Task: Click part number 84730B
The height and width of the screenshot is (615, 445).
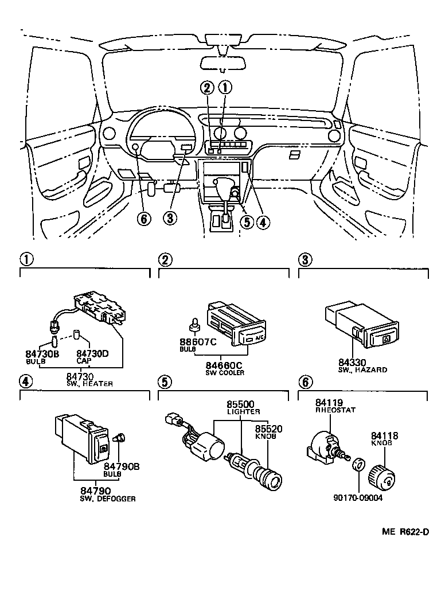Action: [42, 355]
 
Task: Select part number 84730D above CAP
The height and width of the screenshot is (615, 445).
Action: [92, 355]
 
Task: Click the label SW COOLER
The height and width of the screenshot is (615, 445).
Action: [225, 373]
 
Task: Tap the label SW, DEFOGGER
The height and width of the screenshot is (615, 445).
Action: [108, 499]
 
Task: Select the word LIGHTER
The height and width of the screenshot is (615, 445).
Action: [244, 412]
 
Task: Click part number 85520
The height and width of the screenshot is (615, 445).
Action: [268, 428]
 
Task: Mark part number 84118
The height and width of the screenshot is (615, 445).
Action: [385, 435]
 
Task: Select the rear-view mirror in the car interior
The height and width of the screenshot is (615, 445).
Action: [222, 63]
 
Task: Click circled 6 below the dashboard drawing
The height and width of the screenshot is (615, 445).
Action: [145, 219]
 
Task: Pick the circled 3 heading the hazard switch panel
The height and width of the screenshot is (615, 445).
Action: [306, 260]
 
